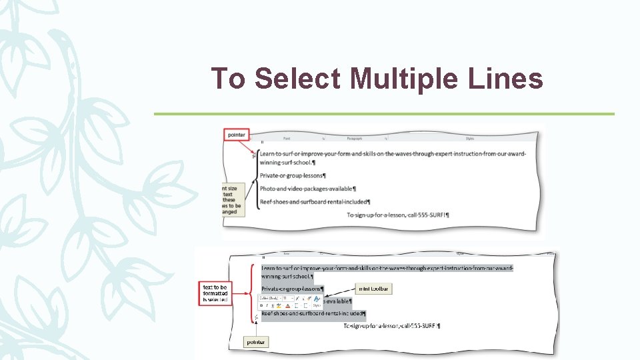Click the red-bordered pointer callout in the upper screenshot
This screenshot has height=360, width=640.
tap(236, 135)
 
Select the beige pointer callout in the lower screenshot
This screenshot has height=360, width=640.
tap(256, 342)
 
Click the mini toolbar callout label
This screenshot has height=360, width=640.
tap(374, 289)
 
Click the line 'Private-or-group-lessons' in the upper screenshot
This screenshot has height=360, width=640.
tap(293, 175)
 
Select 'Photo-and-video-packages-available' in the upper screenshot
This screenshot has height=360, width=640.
tap(307, 189)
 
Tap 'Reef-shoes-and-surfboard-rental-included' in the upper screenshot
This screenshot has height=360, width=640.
tap(315, 202)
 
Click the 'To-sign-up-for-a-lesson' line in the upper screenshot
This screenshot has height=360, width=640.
tap(398, 215)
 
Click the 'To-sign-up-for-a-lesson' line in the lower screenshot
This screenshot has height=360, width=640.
tap(391, 326)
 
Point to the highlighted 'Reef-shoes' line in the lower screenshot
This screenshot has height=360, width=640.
tap(313, 313)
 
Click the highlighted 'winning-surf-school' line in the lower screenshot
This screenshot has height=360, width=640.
tap(287, 276)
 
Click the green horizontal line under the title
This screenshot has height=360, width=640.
tap(384, 114)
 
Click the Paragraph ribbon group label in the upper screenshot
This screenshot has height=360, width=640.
tap(353, 139)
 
